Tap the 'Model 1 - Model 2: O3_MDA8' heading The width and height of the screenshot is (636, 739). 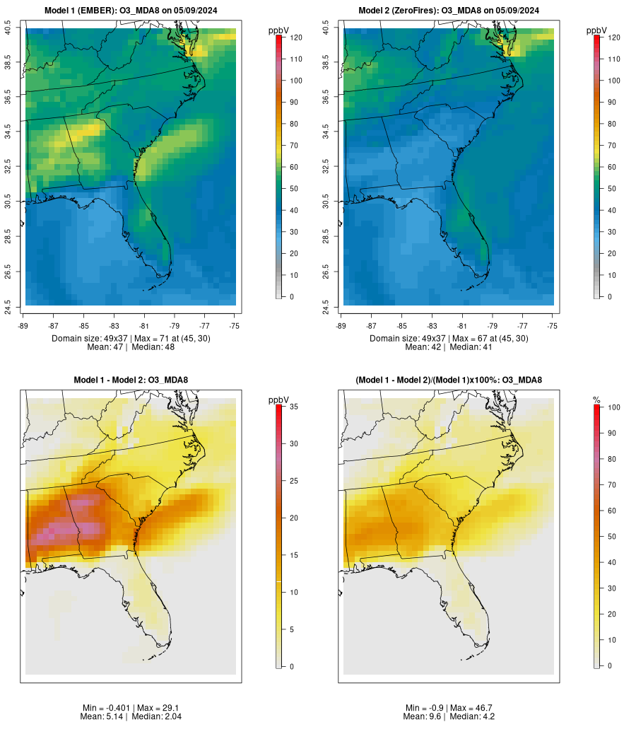pyautogui.click(x=131, y=380)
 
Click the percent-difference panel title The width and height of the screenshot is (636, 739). pyautogui.click(x=449, y=380)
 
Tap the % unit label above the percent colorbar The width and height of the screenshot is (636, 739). pyautogui.click(x=596, y=400)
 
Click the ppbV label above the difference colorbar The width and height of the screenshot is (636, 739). pyautogui.click(x=279, y=400)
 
